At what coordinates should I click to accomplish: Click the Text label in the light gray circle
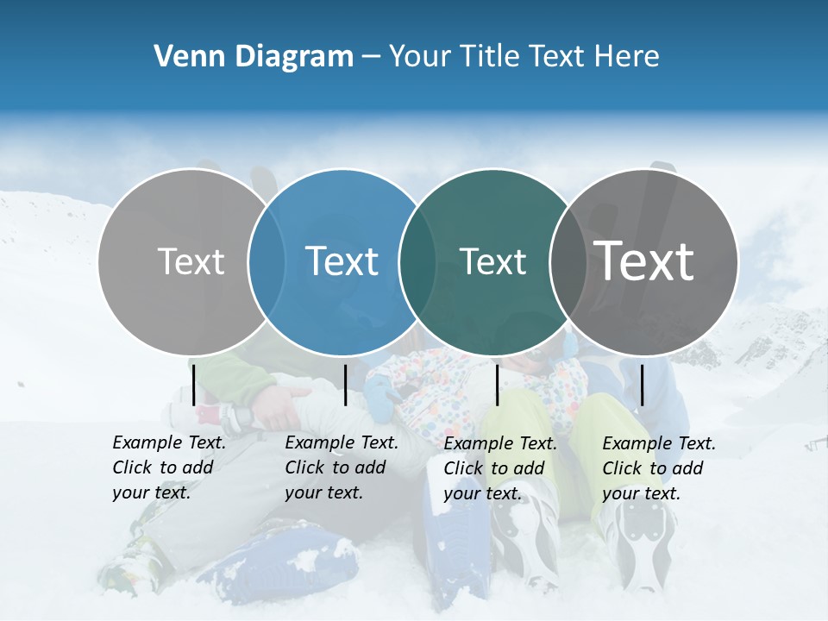click(191, 261)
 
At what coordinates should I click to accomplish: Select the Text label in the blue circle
click(342, 261)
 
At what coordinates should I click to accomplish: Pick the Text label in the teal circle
click(492, 261)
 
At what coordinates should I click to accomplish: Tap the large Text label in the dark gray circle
click(644, 261)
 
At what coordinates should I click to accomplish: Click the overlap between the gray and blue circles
click(267, 261)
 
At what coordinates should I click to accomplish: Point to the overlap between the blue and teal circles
click(417, 261)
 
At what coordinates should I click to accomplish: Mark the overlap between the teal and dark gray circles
click(568, 261)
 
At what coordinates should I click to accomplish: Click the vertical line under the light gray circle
click(194, 385)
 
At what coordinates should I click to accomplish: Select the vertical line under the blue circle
click(345, 385)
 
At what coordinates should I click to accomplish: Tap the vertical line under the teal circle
click(497, 385)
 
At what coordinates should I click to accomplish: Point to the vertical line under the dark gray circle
click(642, 385)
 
